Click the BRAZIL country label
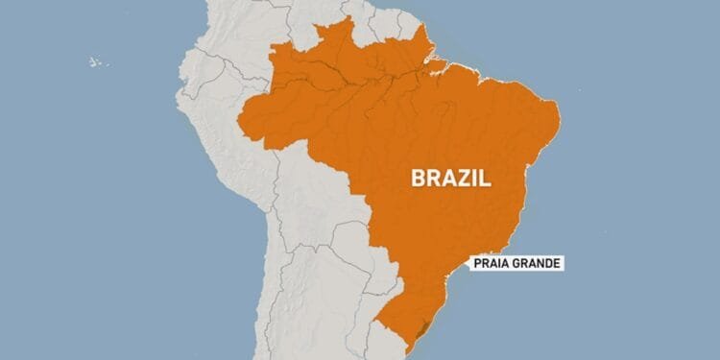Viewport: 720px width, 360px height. (x=450, y=177)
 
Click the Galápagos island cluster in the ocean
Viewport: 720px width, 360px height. (x=96, y=61)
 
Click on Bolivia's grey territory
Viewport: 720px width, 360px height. (x=312, y=206)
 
